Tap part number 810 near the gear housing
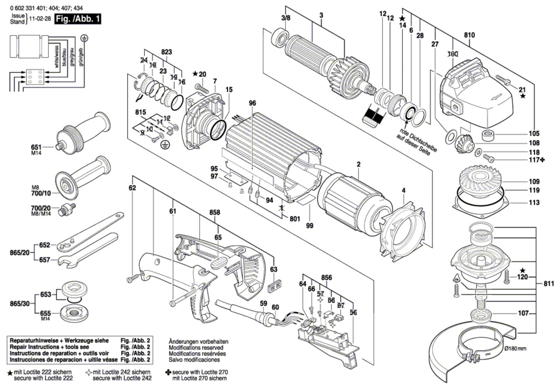click(x=469, y=35)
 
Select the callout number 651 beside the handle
click(x=36, y=147)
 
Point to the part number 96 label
click(x=252, y=103)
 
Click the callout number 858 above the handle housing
click(x=215, y=212)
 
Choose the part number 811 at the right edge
click(x=549, y=284)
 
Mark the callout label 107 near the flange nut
click(x=523, y=313)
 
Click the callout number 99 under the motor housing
click(x=309, y=226)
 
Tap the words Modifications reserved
click(x=196, y=347)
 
